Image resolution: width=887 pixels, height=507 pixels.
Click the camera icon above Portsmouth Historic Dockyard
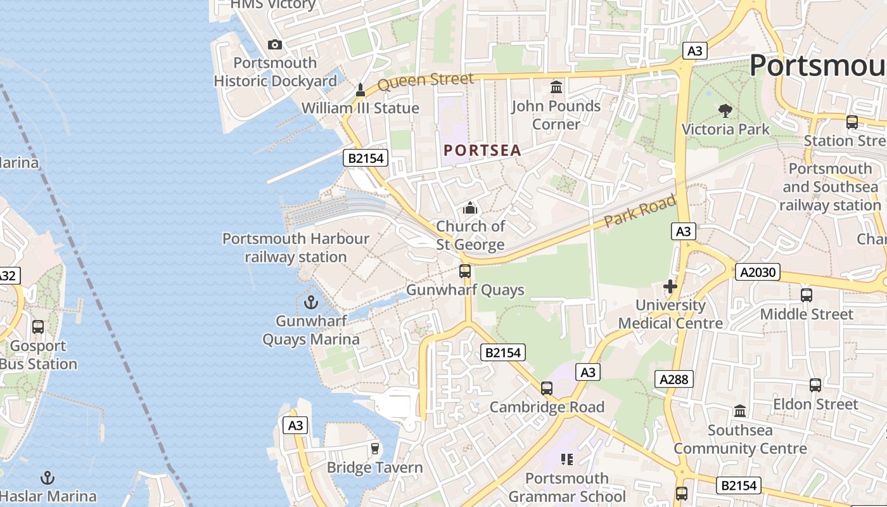tap(274, 44)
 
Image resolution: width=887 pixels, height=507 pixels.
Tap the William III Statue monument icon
tap(360, 90)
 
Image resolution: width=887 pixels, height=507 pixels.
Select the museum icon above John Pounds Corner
tap(556, 87)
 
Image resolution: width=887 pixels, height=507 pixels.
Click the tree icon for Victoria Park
tap(725, 111)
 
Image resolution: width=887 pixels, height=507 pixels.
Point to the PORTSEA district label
tap(482, 150)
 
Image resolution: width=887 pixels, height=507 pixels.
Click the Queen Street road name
tap(425, 81)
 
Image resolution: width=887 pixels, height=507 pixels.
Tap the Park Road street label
tap(639, 212)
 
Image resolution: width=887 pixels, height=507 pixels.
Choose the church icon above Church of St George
tap(470, 208)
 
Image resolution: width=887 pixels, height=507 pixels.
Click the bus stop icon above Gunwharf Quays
tap(465, 271)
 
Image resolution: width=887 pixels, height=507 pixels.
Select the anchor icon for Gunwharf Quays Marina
tap(310, 302)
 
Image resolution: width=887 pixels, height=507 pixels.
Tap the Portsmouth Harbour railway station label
tap(295, 248)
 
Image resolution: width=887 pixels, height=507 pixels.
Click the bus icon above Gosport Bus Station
tap(38, 327)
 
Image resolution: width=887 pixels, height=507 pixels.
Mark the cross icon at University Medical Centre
tap(670, 286)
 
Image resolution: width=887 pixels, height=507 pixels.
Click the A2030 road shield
tap(757, 273)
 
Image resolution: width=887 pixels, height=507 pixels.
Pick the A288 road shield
tap(673, 379)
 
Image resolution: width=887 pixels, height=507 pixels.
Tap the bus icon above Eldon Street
tap(815, 385)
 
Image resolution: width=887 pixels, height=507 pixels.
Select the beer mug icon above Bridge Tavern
tap(374, 449)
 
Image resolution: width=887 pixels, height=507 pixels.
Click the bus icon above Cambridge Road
tap(547, 388)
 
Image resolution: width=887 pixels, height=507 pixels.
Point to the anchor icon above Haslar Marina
tap(48, 478)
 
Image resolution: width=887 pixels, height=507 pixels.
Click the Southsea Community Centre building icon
tap(739, 411)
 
